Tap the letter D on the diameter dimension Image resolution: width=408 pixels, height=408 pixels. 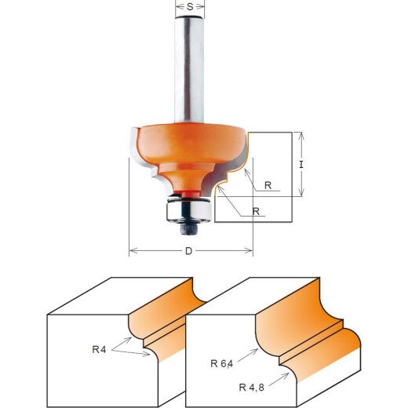click(x=189, y=252)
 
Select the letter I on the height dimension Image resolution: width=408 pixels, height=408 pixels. click(x=301, y=166)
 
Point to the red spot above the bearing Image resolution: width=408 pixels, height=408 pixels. click(x=189, y=191)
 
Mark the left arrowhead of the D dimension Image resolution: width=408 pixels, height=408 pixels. click(x=131, y=251)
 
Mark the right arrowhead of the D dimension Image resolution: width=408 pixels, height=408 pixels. click(x=250, y=251)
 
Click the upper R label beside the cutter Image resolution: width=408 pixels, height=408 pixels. click(x=268, y=186)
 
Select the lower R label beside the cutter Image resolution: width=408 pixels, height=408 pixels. click(x=257, y=211)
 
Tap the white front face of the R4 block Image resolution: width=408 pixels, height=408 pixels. click(x=86, y=369)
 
